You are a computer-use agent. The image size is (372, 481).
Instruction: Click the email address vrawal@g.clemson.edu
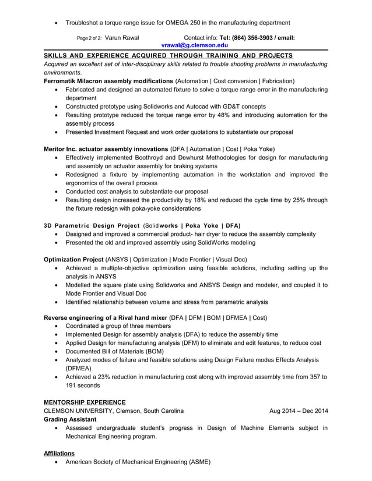[x=195, y=45]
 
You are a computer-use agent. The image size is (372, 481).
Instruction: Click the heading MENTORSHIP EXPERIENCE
[x=85, y=402]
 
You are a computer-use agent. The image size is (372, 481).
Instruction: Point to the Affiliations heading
[x=59, y=452]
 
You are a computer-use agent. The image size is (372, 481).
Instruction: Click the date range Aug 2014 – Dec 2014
[x=299, y=411]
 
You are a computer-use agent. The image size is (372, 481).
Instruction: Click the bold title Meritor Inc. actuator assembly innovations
[x=106, y=148]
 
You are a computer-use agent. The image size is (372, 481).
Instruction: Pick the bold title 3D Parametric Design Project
[x=92, y=225]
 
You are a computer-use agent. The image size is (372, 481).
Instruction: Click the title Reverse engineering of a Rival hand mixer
[x=105, y=317]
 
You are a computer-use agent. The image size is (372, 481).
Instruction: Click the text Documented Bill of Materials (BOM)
[x=114, y=351]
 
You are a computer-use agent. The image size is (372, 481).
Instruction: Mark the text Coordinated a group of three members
[x=118, y=326]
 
